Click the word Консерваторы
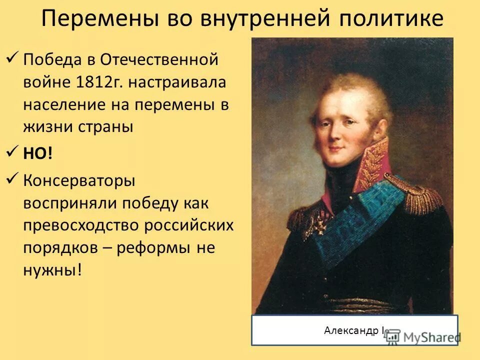tap(79, 180)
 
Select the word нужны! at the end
tap(52, 270)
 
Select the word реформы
tap(160, 248)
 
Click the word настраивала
tap(178, 82)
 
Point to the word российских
tap(188, 225)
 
